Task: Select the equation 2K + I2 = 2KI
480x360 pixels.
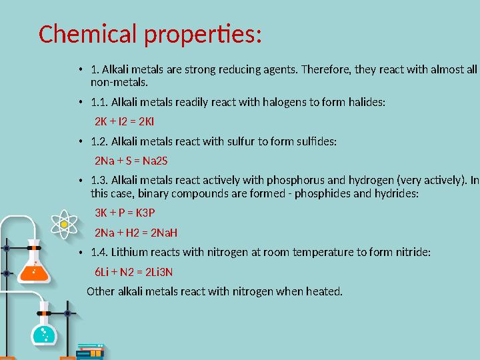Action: pos(125,122)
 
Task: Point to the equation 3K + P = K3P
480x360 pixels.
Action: pos(125,213)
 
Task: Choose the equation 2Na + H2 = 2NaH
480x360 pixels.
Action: pos(136,233)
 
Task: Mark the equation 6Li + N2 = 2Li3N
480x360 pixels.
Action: pos(134,271)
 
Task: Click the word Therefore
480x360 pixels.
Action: pos(325,69)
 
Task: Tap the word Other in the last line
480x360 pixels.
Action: pos(101,291)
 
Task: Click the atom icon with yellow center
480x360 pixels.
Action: pos(64,225)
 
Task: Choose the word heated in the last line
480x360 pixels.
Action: pos(325,291)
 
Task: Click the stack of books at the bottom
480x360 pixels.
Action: pos(90,351)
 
